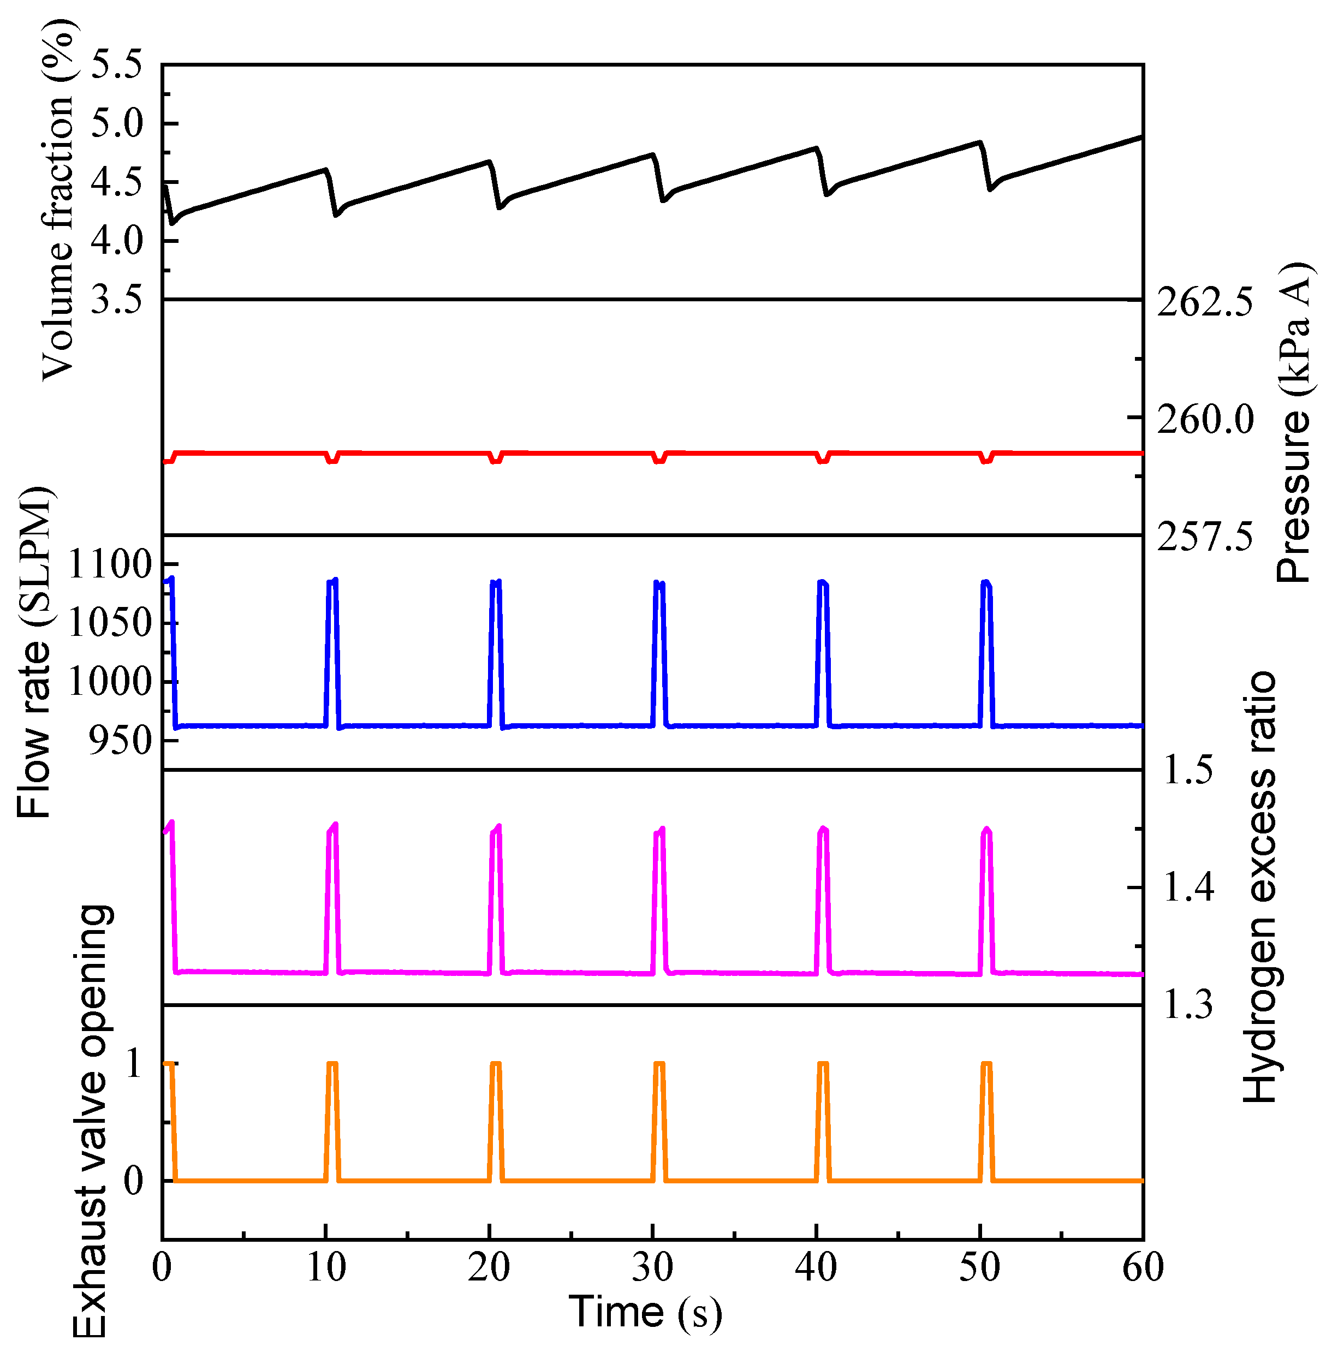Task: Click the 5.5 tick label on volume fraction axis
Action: point(116,65)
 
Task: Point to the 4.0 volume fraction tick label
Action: point(116,241)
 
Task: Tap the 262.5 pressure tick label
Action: point(1205,303)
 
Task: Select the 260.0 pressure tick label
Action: point(1205,420)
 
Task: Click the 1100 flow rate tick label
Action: point(110,564)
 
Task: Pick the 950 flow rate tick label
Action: point(120,741)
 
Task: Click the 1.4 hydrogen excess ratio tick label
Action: point(1188,888)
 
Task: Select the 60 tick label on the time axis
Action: point(1143,1267)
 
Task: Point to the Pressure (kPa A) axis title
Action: point(1292,422)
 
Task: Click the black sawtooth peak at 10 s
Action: point(325,170)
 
